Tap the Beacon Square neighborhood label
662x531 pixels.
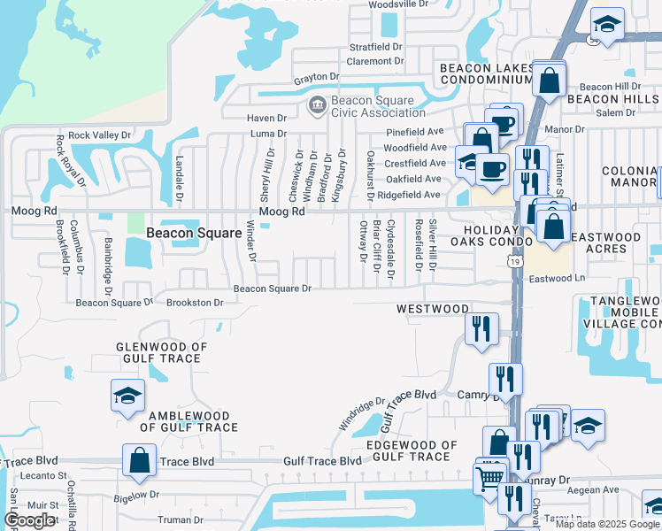[194, 233]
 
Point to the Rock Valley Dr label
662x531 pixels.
[99, 135]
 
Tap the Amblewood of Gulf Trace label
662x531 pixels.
[189, 421]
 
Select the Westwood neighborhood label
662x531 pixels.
[432, 309]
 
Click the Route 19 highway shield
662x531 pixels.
[515, 261]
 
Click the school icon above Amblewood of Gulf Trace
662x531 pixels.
[127, 396]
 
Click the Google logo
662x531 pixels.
[29, 520]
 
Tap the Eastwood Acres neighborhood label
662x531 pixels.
[606, 242]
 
